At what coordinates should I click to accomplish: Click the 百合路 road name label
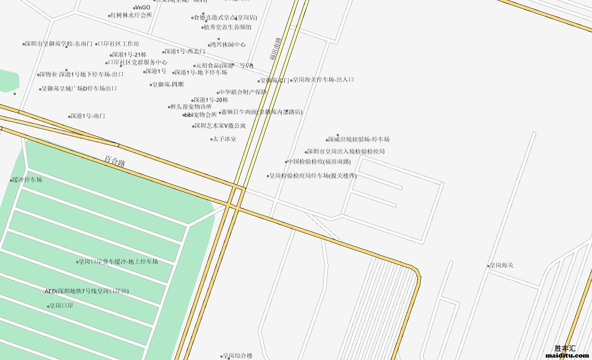click(x=115, y=161)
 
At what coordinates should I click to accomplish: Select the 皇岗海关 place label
click(x=501, y=265)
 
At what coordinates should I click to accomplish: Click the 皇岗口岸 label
click(x=61, y=306)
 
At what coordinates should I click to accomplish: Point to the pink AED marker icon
click(x=43, y=291)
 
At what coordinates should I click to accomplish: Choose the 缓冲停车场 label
click(x=27, y=180)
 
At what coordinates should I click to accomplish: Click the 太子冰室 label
click(x=225, y=139)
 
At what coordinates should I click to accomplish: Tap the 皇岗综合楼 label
click(x=237, y=356)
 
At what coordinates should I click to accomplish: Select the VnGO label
click(x=143, y=7)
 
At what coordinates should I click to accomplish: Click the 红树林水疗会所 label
click(x=131, y=15)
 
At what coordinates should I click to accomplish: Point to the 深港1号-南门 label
click(x=88, y=116)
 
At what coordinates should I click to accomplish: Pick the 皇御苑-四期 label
click(x=168, y=84)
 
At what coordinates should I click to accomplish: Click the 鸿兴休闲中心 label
click(x=228, y=44)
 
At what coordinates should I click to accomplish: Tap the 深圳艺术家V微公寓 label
click(x=220, y=126)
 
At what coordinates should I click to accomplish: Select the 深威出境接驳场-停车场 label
click(x=359, y=139)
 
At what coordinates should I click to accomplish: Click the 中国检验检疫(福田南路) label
click(x=319, y=161)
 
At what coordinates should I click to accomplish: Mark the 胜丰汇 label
click(x=565, y=348)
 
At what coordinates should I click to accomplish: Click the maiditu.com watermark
click(x=567, y=356)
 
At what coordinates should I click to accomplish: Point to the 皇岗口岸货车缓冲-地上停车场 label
click(x=118, y=262)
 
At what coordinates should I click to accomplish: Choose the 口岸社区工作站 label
click(x=118, y=44)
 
